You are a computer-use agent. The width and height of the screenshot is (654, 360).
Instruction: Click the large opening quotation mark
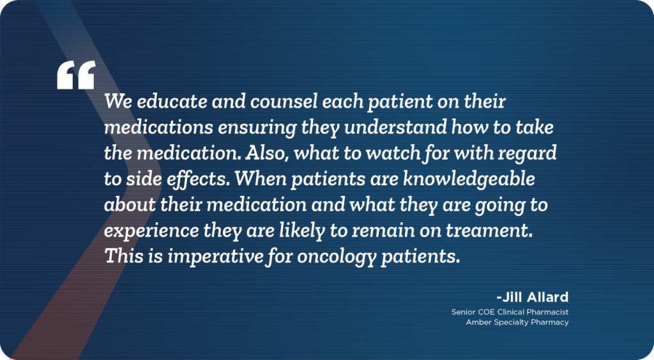76,75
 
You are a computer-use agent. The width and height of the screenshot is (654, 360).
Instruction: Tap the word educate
172,101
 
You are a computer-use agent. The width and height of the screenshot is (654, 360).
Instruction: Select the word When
261,179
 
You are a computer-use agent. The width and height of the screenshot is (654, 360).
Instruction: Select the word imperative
215,257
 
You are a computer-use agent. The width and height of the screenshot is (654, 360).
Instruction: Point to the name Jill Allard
533,297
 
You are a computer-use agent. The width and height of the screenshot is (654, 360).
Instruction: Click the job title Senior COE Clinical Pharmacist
510,311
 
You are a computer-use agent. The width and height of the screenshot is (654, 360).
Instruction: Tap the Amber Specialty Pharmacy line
517,322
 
